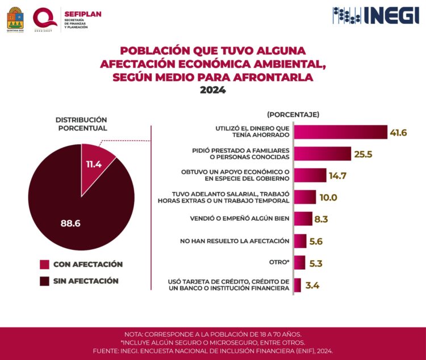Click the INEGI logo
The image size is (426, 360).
tap(375, 15)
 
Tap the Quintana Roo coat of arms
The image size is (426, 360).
tap(15, 18)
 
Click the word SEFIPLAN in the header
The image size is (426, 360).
tap(83, 13)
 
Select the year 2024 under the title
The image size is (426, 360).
tap(212, 90)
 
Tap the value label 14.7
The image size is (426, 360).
tap(338, 175)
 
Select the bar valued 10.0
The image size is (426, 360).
tap(305, 197)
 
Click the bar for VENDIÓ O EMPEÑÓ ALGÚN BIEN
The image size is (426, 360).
tap(303, 219)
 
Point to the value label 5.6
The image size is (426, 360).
tap(317, 241)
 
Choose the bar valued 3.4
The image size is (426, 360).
tap(298, 285)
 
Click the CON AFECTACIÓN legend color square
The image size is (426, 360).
tap(44, 265)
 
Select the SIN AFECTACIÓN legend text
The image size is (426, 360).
tap(86, 281)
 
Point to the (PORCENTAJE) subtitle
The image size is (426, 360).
tap(293, 114)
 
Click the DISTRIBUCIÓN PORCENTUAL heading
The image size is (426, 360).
tap(81, 124)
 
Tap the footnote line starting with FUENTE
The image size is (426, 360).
tap(213, 351)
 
